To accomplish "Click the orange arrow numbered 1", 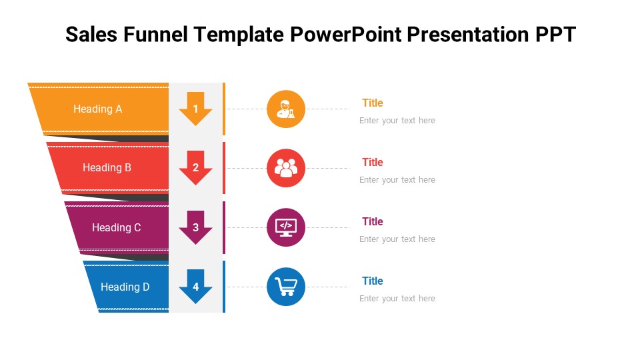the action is click(195, 109).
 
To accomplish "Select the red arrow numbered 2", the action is click(195, 168).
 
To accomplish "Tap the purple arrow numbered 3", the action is click(195, 227).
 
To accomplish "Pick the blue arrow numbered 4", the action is click(195, 287).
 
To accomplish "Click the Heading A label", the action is click(97, 109).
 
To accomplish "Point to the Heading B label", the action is click(107, 168).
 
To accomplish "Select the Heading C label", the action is click(116, 227).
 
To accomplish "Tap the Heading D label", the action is click(125, 287).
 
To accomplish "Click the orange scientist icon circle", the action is click(286, 109).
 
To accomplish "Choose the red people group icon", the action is click(286, 168).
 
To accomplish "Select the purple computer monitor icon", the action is click(286, 227).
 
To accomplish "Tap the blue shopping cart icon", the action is click(286, 287).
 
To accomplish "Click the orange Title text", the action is click(372, 103).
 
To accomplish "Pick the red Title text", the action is click(372, 162).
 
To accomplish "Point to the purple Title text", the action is click(372, 221).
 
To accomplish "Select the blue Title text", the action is click(372, 281).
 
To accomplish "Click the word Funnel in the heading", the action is click(155, 34).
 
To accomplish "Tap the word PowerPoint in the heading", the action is click(346, 34).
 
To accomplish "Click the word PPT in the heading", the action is click(555, 34).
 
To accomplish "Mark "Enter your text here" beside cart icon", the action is click(397, 299).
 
